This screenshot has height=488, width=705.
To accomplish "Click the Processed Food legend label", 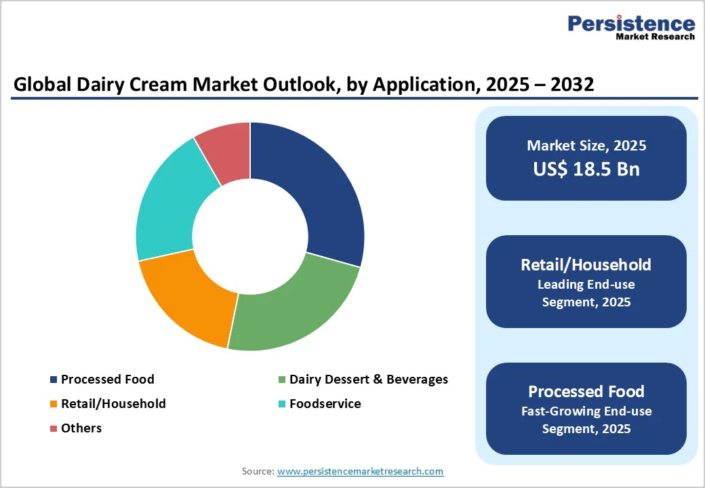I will [107, 380].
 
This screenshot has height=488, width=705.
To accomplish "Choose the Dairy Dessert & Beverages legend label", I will [368, 380].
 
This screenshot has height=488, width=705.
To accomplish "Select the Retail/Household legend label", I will [113, 404].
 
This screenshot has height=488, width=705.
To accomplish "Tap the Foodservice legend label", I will [325, 404].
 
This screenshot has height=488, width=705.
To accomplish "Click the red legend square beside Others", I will [53, 428].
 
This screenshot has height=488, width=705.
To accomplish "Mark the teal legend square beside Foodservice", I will [281, 404].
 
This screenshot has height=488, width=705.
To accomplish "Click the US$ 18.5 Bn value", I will [586, 169].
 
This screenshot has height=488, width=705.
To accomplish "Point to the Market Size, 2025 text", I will [586, 145].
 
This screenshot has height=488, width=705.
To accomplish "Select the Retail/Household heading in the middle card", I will [586, 264].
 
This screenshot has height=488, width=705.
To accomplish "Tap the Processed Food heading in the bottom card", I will [586, 391].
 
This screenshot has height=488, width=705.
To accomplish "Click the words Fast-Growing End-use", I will [586, 411].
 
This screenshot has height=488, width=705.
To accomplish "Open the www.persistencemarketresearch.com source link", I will [360, 471].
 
